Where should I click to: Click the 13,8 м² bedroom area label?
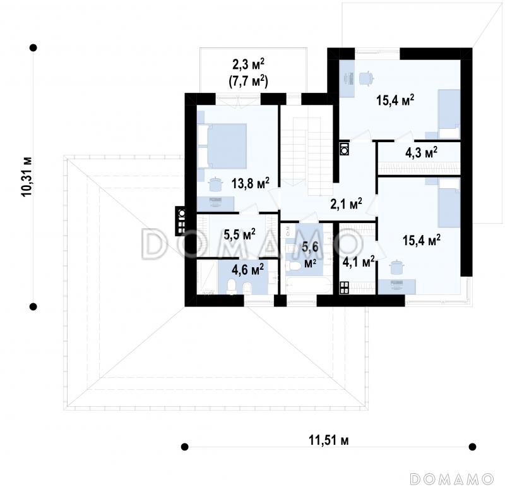[250, 183]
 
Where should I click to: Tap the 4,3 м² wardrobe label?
[421, 153]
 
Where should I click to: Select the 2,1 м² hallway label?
[346, 203]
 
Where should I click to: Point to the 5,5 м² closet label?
[240, 234]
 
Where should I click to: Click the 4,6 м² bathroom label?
[247, 269]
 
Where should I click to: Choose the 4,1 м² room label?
[358, 262]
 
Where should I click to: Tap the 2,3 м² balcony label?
[248, 65]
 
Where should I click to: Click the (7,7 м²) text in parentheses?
[248, 81]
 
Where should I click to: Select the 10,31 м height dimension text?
[27, 177]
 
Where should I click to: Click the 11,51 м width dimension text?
[328, 440]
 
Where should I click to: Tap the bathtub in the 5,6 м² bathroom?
[309, 286]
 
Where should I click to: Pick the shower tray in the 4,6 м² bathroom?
[208, 277]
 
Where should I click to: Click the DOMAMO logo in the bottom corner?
[451, 479]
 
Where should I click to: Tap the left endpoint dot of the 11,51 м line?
[184, 447]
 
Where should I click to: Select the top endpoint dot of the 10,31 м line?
[33, 48]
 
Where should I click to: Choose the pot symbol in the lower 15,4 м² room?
[396, 267]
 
